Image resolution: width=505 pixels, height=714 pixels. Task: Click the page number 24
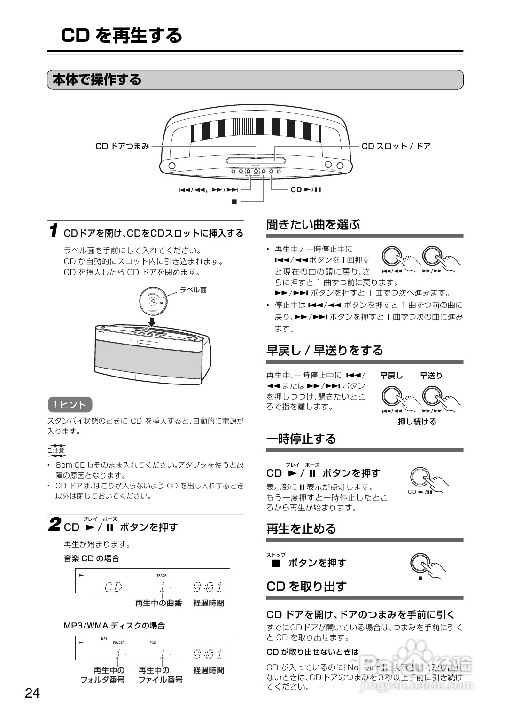32,693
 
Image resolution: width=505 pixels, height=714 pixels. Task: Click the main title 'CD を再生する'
122,35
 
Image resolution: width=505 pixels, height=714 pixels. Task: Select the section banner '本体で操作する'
97,79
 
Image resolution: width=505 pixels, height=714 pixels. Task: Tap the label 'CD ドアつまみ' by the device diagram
122,146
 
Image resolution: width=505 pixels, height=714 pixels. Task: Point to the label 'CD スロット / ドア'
396,146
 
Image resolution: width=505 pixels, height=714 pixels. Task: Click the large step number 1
54,231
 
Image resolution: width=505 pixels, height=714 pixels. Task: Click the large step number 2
54,525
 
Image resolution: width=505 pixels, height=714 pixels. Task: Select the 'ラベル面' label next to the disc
193,290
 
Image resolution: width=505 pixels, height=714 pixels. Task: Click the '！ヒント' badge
70,405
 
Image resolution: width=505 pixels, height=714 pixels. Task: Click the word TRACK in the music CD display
161,575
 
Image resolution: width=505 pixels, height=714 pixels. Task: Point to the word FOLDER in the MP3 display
118,643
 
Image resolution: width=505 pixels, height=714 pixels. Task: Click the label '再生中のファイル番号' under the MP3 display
160,675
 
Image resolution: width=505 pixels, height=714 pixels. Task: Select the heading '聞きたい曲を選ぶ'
313,224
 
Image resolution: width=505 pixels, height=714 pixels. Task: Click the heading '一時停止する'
301,439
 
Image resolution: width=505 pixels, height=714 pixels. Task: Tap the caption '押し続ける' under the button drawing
417,422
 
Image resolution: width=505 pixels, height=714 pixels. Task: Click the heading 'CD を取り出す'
306,586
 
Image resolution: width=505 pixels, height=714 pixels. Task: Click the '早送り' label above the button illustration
431,376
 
